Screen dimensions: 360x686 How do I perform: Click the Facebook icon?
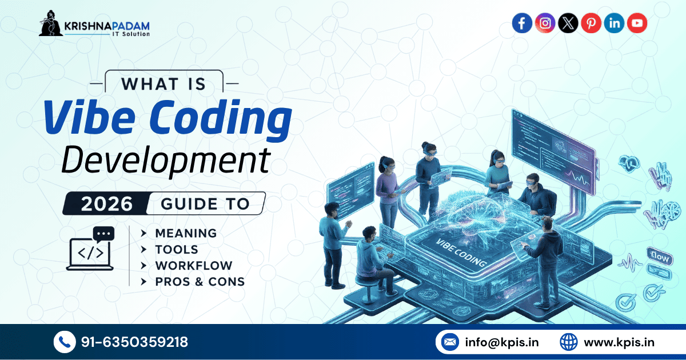(521, 23)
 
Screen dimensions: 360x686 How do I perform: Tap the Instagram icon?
(545, 23)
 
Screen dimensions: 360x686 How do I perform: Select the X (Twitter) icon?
(568, 23)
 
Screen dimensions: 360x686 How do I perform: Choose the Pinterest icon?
(591, 23)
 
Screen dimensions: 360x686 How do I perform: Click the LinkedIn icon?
(614, 23)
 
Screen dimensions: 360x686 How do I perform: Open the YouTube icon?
(637, 23)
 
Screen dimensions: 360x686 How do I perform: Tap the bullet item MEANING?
(186, 233)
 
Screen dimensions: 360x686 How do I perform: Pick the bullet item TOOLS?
(177, 249)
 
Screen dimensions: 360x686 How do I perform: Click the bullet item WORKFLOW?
(194, 265)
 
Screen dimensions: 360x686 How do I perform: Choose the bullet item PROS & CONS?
(200, 281)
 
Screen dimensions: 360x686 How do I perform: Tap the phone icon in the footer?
(64, 342)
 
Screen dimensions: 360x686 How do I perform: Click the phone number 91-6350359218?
(134, 342)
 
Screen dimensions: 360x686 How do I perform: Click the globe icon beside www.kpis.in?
(568, 342)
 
